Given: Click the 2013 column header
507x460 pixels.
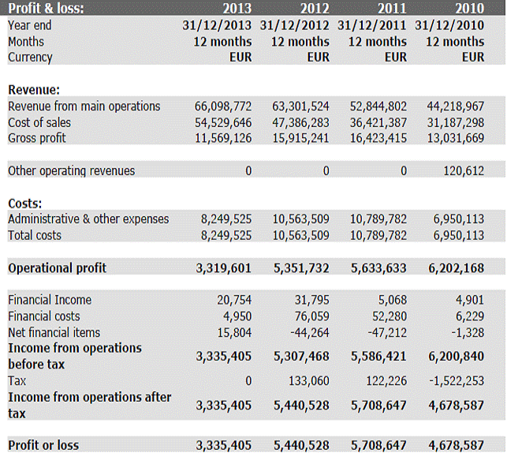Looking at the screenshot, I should tap(237, 9).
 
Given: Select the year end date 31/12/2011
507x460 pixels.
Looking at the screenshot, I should tap(371, 25).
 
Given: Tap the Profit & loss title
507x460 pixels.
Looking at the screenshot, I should tap(46, 9).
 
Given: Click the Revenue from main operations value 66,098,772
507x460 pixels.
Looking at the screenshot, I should tap(223, 106).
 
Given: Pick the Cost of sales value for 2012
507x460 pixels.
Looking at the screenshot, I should tap(300, 122).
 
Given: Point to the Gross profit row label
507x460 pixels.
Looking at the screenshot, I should tap(37, 138).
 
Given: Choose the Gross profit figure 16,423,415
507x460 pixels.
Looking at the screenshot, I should tap(378, 138).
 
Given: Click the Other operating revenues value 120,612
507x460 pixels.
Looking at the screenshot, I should tap(464, 170).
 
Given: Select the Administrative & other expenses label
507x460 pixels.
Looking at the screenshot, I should tap(88, 219).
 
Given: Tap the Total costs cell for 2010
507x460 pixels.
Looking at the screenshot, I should tap(457, 235).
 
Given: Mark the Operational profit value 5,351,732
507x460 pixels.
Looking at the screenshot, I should tap(300, 267).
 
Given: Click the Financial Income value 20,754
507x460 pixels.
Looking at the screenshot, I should tap(234, 300).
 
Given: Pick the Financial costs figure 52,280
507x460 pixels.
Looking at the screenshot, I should tap(390, 316).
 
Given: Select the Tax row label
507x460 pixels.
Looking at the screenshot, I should tap(17, 380).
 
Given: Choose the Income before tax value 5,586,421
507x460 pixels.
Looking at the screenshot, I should tap(378, 356).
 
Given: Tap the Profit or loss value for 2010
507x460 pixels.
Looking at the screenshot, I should tap(456, 445).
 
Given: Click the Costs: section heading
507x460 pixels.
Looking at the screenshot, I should tap(25, 203).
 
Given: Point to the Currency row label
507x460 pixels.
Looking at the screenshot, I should tap(30, 57).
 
